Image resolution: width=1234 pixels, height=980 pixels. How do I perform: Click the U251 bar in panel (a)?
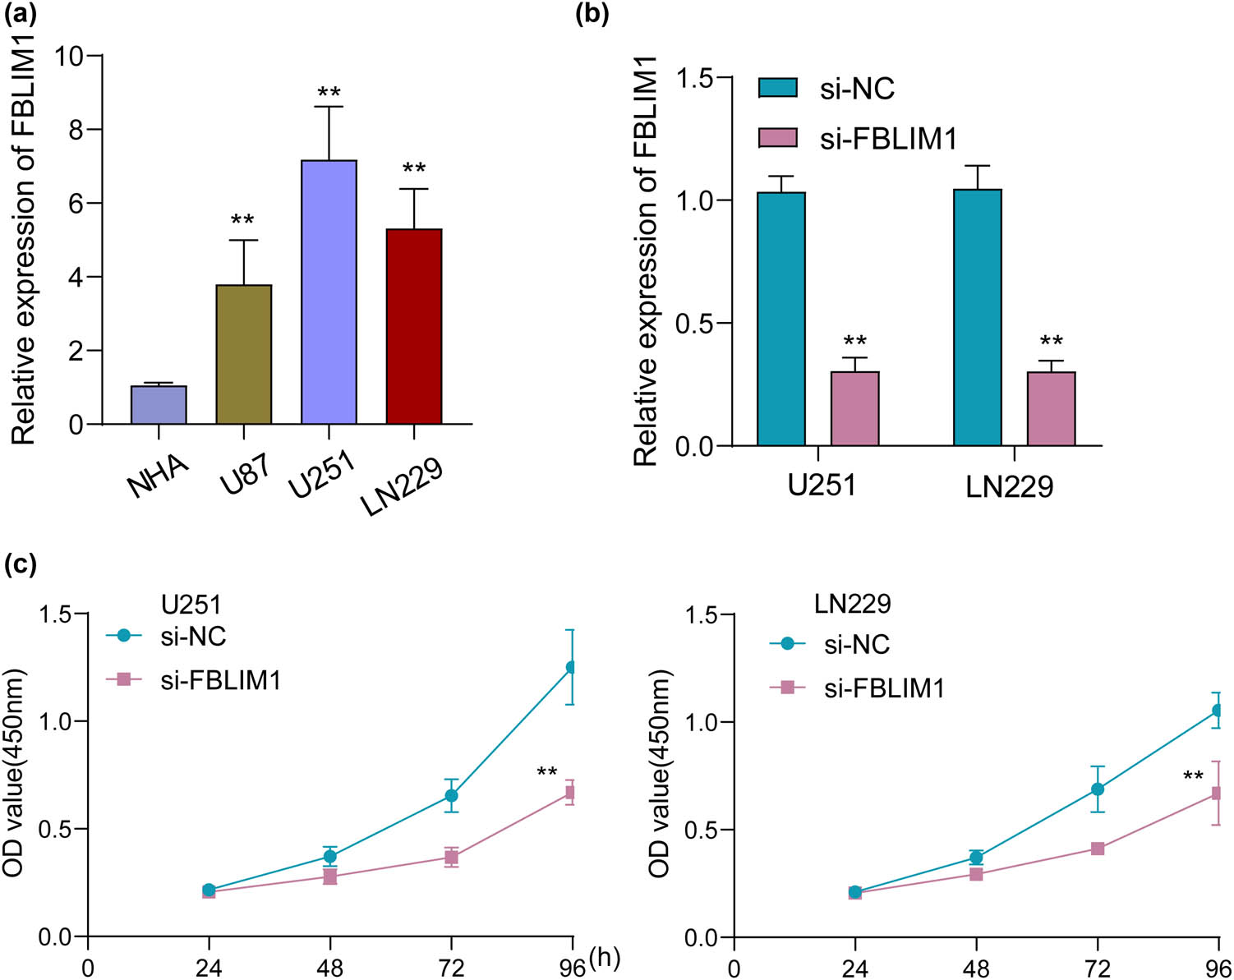tap(329, 292)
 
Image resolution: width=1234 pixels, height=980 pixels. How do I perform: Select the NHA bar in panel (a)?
tap(159, 405)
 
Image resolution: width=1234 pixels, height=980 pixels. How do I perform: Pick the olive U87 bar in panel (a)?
tap(244, 354)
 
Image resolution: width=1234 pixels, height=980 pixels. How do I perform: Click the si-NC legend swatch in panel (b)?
tap(777, 88)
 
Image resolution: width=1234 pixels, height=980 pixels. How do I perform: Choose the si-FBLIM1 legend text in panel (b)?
tap(889, 139)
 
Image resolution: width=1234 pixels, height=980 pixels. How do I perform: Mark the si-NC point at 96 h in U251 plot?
tap(571, 667)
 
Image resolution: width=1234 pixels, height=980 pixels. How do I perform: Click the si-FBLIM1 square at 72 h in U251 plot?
tap(451, 857)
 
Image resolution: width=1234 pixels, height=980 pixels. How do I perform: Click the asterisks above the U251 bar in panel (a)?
tap(329, 91)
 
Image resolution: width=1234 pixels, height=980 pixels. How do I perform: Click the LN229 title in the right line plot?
tap(853, 604)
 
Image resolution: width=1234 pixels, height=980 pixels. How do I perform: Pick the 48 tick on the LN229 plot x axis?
tap(976, 967)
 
